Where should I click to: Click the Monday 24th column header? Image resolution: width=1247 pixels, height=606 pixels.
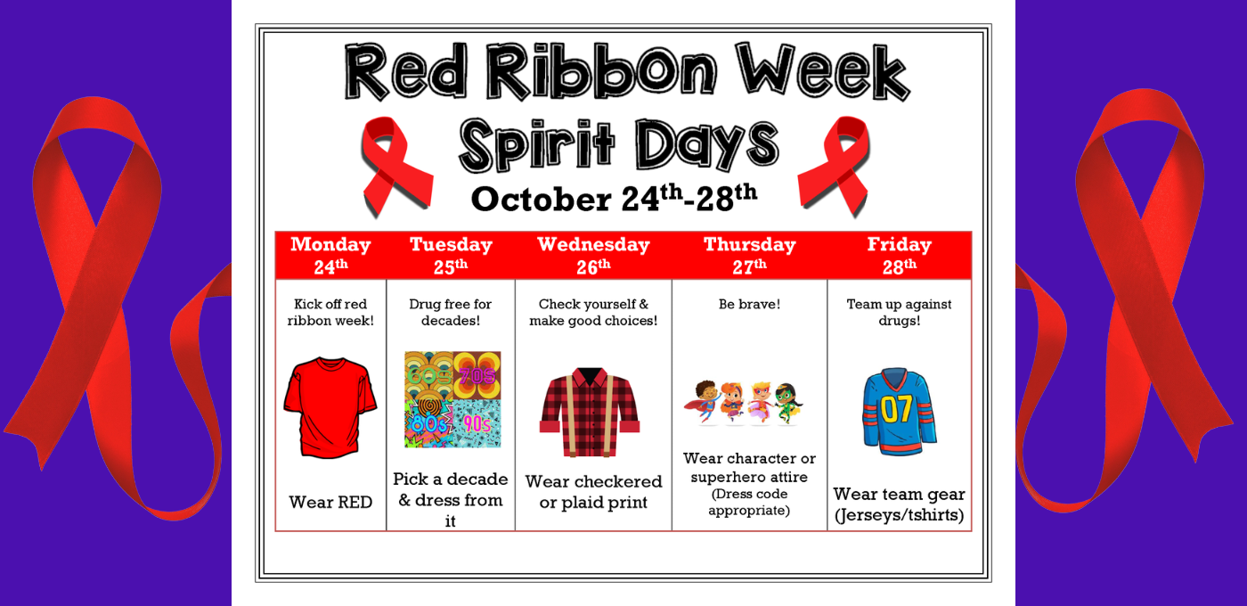tap(330, 256)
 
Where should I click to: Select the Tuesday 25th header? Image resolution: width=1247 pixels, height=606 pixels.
tap(451, 256)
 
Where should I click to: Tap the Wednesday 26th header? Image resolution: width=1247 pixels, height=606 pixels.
tap(593, 256)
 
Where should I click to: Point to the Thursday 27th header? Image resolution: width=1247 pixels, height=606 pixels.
tap(749, 256)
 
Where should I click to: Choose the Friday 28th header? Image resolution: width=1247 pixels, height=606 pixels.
tap(899, 256)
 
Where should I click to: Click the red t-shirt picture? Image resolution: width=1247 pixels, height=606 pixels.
tap(330, 407)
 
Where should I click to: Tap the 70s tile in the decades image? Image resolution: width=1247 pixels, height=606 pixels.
tap(477, 375)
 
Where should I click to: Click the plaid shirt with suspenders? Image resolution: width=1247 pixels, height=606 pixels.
tap(590, 412)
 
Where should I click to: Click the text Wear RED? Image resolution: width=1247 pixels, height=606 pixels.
tap(330, 502)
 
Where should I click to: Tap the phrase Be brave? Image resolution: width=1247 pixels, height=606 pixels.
tap(749, 304)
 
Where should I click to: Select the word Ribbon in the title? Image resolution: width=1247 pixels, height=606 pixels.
tap(600, 71)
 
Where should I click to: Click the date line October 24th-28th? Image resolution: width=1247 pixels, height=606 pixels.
tap(614, 198)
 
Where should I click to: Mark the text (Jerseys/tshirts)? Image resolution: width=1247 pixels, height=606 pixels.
tap(899, 515)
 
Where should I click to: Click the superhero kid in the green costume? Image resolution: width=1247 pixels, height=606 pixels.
tap(786, 403)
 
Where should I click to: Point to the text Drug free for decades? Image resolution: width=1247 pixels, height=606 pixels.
tap(451, 312)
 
